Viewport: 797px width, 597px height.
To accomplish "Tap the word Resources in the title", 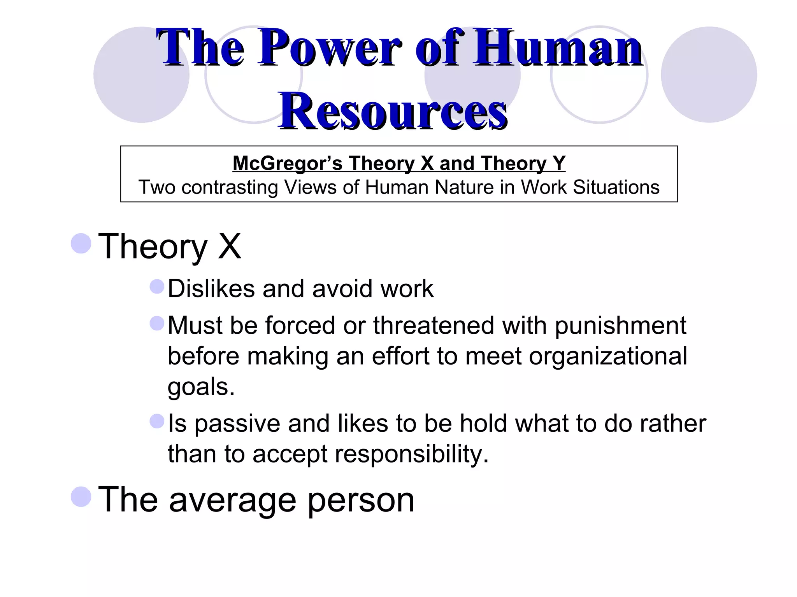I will coord(393,111).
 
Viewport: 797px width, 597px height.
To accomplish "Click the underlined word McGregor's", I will coord(287,163).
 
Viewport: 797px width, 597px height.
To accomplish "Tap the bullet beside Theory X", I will coord(81,244).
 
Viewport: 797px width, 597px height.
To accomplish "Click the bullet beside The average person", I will coord(81,497).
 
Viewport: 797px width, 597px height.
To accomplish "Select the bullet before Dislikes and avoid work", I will coord(157,287).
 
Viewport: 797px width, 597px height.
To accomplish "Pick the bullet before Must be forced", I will coord(157,323).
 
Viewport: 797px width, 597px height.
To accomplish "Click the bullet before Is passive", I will coord(157,421).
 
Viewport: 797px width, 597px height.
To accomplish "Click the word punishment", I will coord(620,326).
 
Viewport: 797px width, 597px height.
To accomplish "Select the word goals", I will coord(201,387).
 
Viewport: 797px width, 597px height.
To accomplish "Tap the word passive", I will coord(237,424).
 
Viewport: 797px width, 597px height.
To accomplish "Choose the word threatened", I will coord(434,325).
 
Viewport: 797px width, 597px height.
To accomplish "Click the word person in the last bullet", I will coord(361,500).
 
